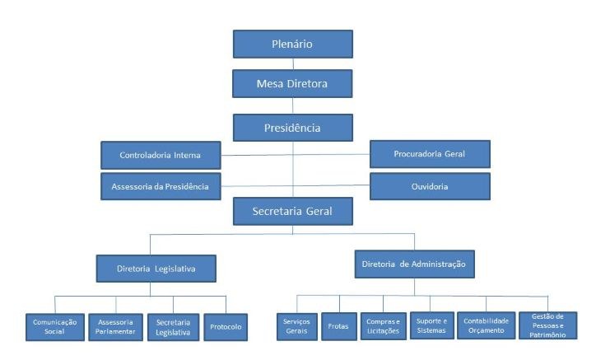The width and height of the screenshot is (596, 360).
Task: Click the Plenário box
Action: (x=292, y=44)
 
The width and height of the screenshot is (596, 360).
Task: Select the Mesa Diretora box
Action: (x=292, y=83)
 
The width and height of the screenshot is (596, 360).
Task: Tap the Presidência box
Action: (x=292, y=128)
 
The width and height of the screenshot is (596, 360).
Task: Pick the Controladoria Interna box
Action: (x=161, y=155)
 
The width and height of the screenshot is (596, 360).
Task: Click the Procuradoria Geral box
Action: (x=430, y=154)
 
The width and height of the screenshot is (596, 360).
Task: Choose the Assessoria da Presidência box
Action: (x=161, y=186)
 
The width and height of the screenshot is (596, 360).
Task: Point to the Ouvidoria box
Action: (x=430, y=186)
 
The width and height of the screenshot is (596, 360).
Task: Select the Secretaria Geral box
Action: (x=292, y=211)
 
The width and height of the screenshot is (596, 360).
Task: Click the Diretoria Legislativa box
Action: (x=156, y=268)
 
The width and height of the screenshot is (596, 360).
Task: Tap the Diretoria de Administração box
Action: (x=413, y=264)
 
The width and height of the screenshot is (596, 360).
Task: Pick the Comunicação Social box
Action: (x=55, y=327)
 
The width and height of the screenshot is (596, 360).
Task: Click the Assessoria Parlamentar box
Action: (x=115, y=327)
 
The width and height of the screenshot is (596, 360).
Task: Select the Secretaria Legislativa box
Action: (x=173, y=327)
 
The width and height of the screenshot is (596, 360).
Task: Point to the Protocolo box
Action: (x=226, y=327)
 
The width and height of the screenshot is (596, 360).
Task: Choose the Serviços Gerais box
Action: (x=296, y=325)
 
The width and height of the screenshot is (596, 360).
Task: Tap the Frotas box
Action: (x=338, y=326)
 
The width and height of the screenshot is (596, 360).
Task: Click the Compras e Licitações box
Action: (x=383, y=326)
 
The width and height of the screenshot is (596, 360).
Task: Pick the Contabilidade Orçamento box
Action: (x=486, y=325)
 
